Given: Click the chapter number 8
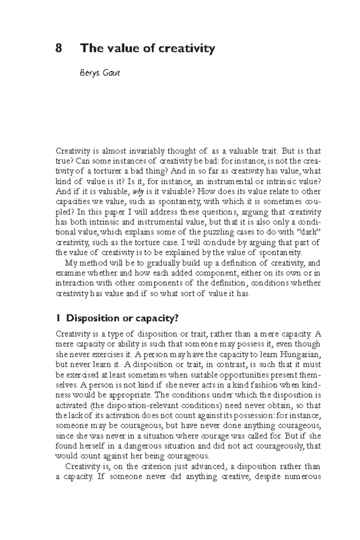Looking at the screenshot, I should click(59, 48).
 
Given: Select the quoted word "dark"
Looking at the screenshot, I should click(309, 232).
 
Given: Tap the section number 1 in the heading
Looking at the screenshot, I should click(58, 318).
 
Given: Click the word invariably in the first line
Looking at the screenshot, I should click(145, 151).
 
